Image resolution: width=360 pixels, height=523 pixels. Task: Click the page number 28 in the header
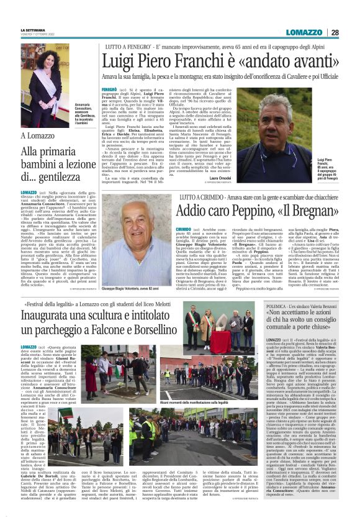point(335,32)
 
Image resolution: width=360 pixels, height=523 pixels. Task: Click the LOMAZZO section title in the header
point(305,32)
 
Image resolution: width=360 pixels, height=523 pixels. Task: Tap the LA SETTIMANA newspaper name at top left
point(33,30)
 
